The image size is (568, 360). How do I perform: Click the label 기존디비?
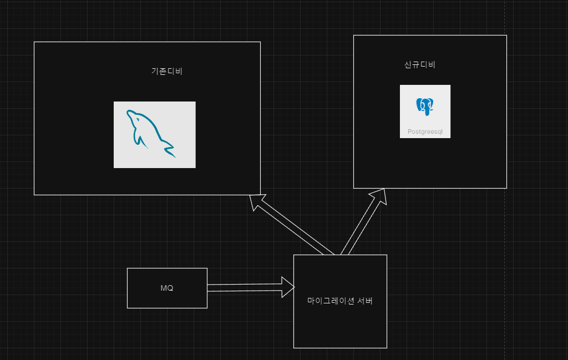166,71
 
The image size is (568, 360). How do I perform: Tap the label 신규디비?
419,64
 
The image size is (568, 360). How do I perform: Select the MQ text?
166,288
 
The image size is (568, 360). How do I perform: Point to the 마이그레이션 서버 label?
340,301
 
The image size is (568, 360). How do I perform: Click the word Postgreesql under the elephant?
425,131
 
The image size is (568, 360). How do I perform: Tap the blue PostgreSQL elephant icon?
425,107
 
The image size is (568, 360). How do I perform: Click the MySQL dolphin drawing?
151,133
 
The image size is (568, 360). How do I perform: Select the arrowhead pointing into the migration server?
288,287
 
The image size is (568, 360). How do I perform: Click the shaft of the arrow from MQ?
245,288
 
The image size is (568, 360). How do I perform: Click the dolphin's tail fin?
169,150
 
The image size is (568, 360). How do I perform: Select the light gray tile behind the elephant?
425,111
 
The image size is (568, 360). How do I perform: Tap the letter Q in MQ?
170,288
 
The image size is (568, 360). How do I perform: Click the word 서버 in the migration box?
365,301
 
